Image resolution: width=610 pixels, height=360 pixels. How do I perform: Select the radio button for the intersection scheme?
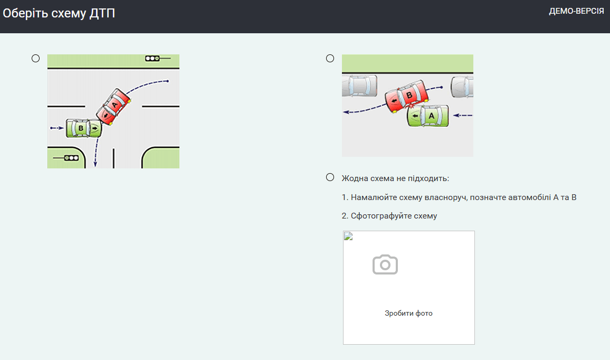[35, 59]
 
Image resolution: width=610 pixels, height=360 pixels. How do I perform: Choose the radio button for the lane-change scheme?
[330, 59]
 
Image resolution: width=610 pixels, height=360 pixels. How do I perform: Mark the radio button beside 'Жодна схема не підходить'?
[330, 177]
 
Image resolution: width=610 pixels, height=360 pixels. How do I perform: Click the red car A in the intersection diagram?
[113, 106]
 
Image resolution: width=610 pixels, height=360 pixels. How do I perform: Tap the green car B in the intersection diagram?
[84, 128]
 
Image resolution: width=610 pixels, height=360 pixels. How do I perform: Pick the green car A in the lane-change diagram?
[427, 116]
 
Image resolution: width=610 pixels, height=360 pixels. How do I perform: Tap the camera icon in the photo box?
[385, 264]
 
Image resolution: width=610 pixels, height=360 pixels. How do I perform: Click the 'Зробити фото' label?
[408, 314]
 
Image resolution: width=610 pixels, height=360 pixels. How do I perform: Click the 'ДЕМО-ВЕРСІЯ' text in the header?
[577, 11]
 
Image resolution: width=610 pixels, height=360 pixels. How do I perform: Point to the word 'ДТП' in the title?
[102, 13]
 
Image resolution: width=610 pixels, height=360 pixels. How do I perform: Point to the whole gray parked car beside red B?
[359, 86]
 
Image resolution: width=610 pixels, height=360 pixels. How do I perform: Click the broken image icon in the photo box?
[348, 236]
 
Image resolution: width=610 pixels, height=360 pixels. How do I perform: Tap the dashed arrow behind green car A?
[463, 115]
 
